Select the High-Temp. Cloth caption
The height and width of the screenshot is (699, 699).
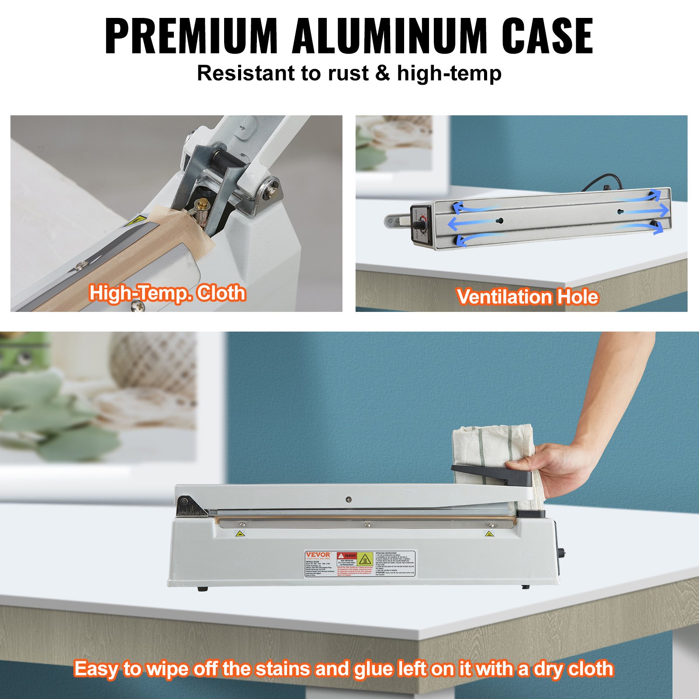[167, 293]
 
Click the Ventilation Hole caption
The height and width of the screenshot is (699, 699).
[527, 297]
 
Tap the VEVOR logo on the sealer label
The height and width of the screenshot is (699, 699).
[318, 554]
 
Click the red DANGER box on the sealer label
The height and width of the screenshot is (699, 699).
[348, 556]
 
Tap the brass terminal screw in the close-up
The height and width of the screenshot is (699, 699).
[202, 204]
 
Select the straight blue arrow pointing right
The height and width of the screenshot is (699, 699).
[644, 211]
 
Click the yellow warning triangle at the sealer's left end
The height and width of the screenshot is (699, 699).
[239, 533]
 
